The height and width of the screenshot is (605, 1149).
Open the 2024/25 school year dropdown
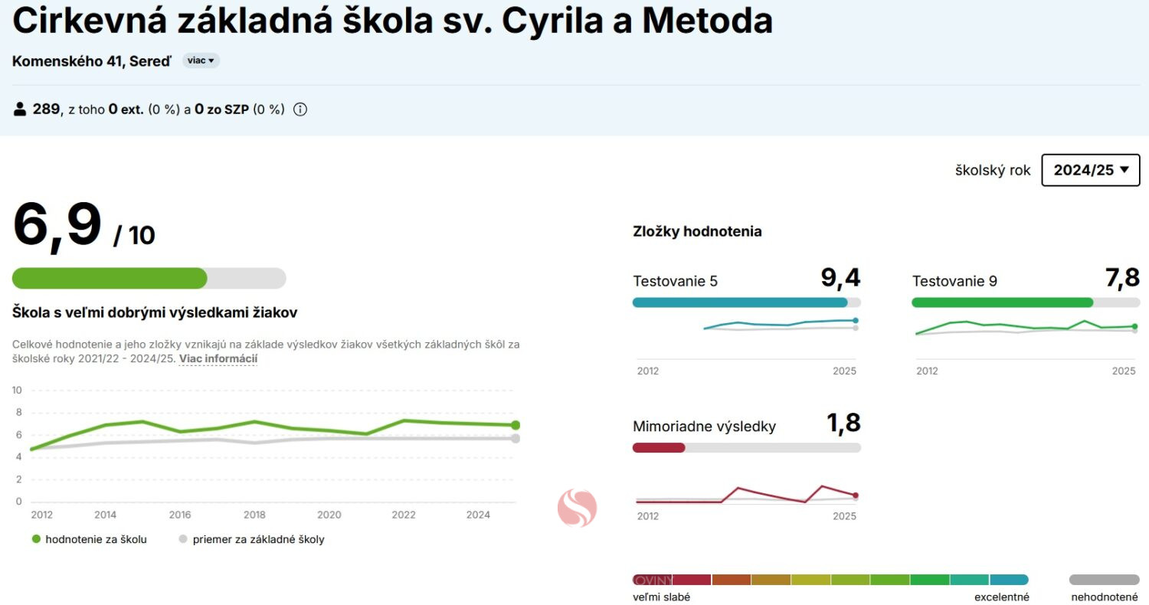tap(1090, 170)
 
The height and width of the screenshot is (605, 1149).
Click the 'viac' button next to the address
tap(201, 60)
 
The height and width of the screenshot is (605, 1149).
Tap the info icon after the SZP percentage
tap(300, 110)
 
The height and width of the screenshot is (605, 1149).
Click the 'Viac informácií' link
tap(218, 358)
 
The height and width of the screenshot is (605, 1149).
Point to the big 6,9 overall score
tap(57, 225)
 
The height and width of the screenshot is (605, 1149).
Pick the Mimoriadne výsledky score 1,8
tap(843, 423)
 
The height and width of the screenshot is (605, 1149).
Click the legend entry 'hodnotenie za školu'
tap(96, 539)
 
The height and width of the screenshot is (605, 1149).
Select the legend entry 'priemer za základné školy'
tap(258, 539)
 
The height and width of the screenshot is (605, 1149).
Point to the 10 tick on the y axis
tap(17, 391)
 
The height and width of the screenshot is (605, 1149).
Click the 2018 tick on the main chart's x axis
tap(254, 515)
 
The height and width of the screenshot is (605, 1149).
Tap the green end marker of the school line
tap(516, 425)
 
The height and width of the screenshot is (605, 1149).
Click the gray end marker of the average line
tap(516, 438)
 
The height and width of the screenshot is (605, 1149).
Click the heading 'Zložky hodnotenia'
tap(697, 231)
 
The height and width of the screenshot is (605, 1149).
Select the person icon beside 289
tap(20, 110)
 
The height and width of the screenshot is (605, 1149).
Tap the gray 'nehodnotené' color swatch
tap(1104, 580)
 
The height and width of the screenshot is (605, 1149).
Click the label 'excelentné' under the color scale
tap(1001, 597)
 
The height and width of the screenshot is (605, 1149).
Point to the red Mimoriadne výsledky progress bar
tap(659, 447)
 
